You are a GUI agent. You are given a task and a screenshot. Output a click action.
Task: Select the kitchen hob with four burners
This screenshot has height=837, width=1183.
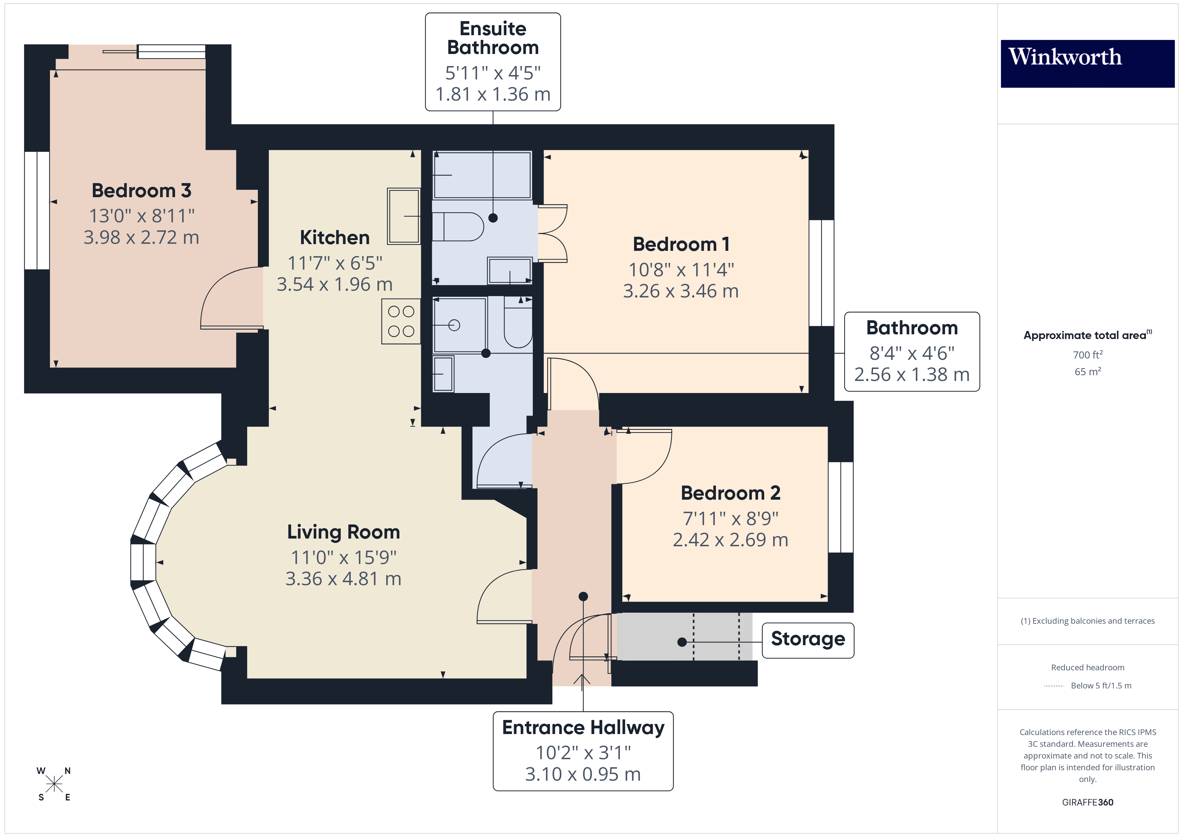[401, 321]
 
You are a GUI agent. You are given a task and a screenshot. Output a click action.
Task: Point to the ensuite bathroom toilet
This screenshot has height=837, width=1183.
[457, 227]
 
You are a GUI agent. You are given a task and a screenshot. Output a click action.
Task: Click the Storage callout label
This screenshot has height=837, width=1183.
[807, 639]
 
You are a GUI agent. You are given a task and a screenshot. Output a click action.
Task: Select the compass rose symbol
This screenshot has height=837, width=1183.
[54, 784]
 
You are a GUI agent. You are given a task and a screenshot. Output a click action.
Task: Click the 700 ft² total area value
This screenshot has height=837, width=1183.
[1087, 354]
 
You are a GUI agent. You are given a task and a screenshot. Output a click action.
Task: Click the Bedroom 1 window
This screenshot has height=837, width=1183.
[821, 273]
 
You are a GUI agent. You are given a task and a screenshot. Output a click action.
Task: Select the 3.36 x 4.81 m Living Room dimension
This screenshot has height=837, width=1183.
[343, 579]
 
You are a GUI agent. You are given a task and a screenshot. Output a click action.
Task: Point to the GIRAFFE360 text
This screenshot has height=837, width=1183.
[1087, 802]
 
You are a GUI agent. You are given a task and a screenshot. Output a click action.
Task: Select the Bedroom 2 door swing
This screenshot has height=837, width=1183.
[644, 456]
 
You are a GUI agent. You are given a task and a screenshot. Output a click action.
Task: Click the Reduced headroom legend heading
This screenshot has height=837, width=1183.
[1087, 667]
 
